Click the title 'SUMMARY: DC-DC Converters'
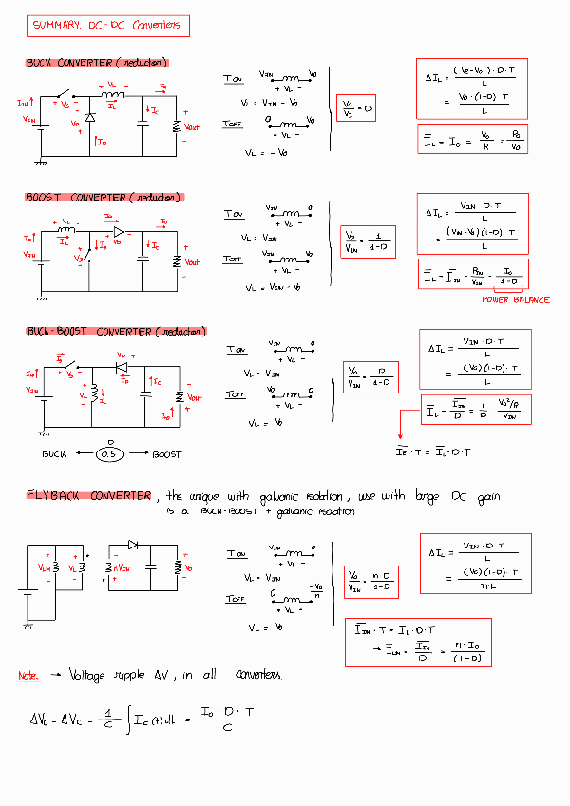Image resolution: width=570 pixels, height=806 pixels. [x=107, y=27]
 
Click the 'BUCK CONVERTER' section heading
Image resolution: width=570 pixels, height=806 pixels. [x=97, y=63]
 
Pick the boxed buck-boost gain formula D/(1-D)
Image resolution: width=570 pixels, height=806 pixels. [x=370, y=376]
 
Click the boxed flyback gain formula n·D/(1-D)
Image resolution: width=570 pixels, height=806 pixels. [x=369, y=578]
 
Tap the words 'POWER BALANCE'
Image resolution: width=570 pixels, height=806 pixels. [x=515, y=300]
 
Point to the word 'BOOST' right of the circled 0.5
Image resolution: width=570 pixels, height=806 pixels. [x=165, y=455]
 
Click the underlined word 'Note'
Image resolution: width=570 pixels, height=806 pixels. [x=28, y=676]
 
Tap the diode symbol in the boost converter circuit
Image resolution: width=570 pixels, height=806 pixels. [x=119, y=231]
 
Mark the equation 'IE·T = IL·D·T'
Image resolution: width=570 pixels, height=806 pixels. [x=433, y=451]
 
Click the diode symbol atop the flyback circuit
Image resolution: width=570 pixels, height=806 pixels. [x=133, y=546]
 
